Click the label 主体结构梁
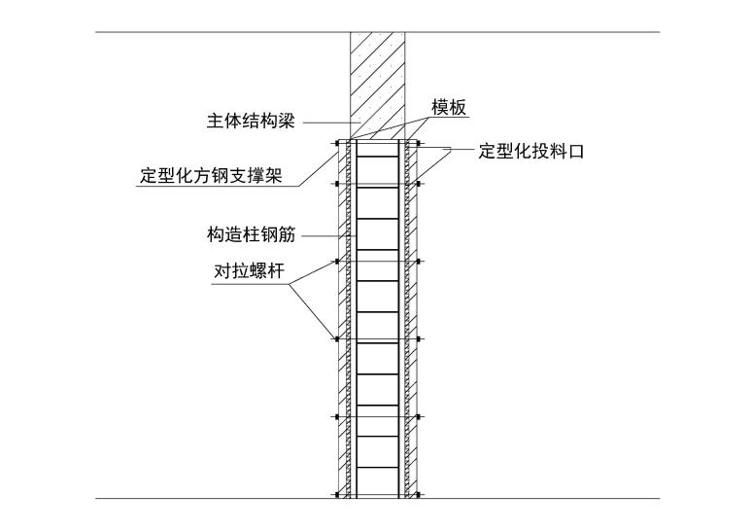[250, 122]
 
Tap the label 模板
[448, 107]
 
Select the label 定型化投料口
[530, 152]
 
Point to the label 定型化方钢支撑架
[211, 176]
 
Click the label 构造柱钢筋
[251, 234]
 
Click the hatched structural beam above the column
[377, 83]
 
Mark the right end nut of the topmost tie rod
[419, 144]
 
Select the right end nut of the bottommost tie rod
[419, 495]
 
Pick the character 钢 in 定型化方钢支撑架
[228, 176]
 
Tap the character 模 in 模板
[439, 107]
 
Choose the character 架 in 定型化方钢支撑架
[281, 176]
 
